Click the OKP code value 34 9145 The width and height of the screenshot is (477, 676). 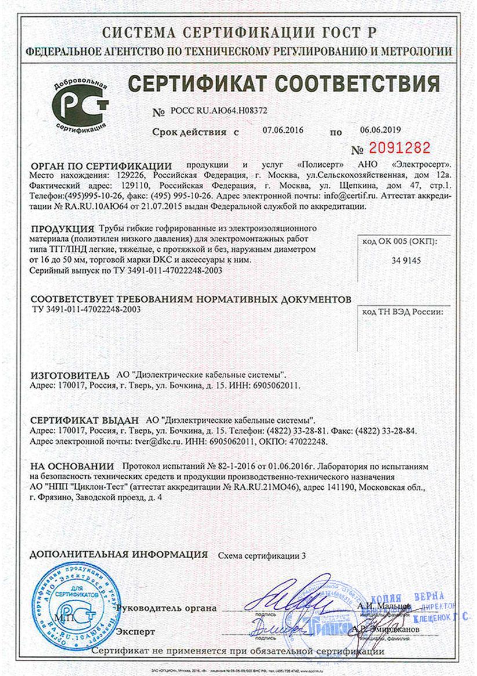click(400, 262)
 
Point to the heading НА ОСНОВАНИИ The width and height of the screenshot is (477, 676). click(72, 466)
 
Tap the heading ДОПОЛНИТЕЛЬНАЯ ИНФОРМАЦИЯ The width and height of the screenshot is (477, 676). click(118, 554)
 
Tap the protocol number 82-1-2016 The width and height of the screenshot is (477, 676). click(235, 466)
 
